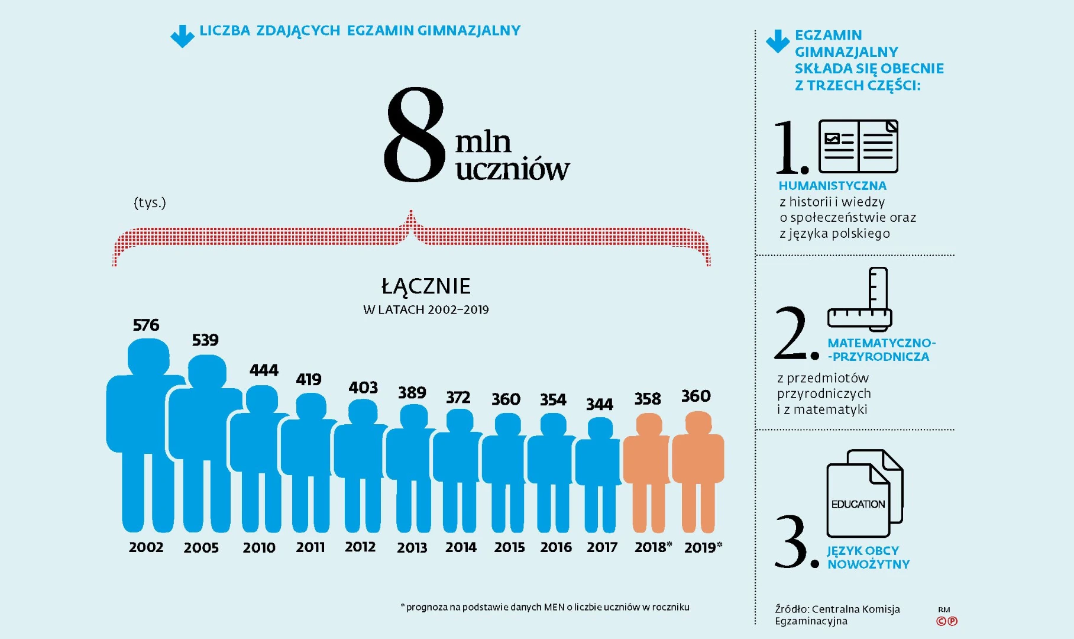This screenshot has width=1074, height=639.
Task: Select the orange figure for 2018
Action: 648,473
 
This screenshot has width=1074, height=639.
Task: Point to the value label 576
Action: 146,325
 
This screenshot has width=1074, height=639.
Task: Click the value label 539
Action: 205,340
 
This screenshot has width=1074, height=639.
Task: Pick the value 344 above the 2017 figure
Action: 600,404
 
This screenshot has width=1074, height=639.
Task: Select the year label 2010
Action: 259,547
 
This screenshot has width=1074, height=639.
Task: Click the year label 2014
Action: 461,547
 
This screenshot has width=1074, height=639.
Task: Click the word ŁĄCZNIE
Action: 426,286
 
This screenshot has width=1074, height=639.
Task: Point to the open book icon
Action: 858,146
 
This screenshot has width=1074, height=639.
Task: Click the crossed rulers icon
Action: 860,299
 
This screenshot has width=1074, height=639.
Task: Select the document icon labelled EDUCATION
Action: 865,493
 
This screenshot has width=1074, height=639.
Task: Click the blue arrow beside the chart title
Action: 182,36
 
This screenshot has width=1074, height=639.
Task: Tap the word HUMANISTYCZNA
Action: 832,186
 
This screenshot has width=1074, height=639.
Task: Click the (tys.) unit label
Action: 150,203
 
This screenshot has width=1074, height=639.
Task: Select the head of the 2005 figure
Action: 207,371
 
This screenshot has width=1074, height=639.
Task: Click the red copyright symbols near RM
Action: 946,621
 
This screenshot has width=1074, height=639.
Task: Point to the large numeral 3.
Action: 791,541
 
